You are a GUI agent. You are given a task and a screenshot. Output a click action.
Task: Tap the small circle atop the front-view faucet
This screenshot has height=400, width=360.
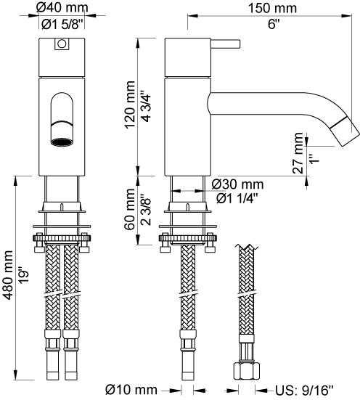(62, 45)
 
